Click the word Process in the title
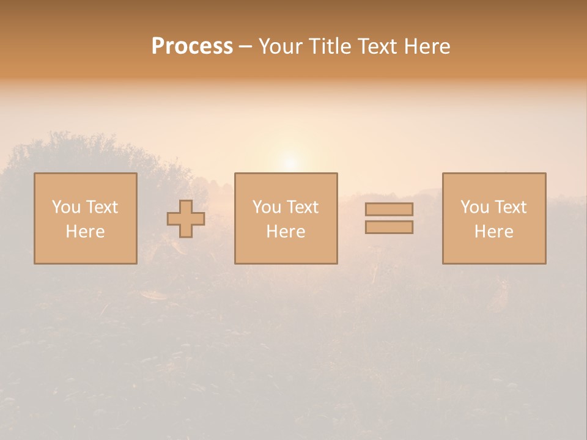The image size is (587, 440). (x=192, y=46)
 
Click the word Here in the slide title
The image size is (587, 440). (x=428, y=46)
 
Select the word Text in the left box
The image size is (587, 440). (x=102, y=207)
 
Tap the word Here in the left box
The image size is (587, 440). (x=85, y=232)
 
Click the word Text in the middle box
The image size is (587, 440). (x=302, y=207)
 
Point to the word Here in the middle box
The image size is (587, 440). (x=286, y=232)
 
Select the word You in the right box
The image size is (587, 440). (x=474, y=207)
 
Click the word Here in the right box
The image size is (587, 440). (x=493, y=232)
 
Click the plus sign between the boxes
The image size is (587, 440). (x=186, y=219)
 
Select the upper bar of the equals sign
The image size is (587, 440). (x=389, y=209)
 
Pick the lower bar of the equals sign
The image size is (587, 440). (x=389, y=227)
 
